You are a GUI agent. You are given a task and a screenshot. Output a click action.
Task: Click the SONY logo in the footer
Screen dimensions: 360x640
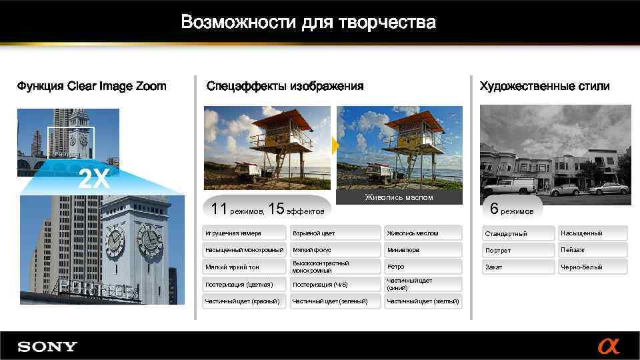(x=47, y=347)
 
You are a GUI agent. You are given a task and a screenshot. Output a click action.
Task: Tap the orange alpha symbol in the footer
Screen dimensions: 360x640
(x=608, y=346)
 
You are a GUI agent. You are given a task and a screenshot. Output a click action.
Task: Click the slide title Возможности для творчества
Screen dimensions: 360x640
(x=308, y=23)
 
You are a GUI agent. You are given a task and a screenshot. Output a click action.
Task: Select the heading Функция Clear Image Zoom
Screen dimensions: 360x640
(x=91, y=86)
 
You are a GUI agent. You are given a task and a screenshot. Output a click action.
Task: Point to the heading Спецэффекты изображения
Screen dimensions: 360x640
(x=285, y=86)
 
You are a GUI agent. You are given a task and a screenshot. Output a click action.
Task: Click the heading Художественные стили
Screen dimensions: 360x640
(x=544, y=86)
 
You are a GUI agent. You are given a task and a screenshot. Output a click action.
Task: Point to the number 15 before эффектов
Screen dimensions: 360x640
(x=275, y=209)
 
